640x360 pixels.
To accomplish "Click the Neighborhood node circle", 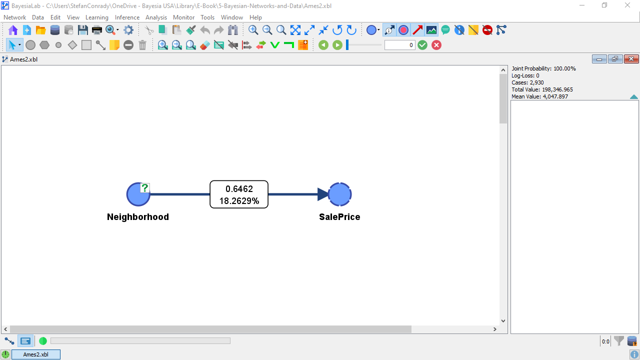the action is [x=138, y=194].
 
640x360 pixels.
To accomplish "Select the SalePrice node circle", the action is [x=339, y=194].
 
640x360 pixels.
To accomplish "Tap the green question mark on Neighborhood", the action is [x=145, y=188].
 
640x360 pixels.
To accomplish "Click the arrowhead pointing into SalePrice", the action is [x=323, y=194].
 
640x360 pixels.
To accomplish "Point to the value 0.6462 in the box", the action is [x=239, y=189].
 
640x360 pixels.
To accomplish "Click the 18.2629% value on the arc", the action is [x=239, y=201].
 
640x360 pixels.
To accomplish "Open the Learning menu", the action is [x=97, y=17].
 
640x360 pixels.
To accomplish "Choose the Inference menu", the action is [x=127, y=17].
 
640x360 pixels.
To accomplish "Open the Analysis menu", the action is [x=156, y=17].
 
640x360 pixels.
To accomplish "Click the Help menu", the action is [x=255, y=17].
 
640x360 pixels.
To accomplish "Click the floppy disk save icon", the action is [x=83, y=30].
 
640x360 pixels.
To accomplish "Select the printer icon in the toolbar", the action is [x=97, y=30].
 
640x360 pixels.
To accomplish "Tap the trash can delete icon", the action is [x=142, y=45].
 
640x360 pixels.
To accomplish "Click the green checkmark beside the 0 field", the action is [x=422, y=45].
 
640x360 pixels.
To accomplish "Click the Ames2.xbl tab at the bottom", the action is [x=35, y=354].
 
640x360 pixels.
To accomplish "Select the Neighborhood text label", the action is [x=137, y=217].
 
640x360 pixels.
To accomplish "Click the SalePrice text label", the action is [x=339, y=217].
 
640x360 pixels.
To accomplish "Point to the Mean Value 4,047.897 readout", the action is [x=539, y=96].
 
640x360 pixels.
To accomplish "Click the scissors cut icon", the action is [x=148, y=30].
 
